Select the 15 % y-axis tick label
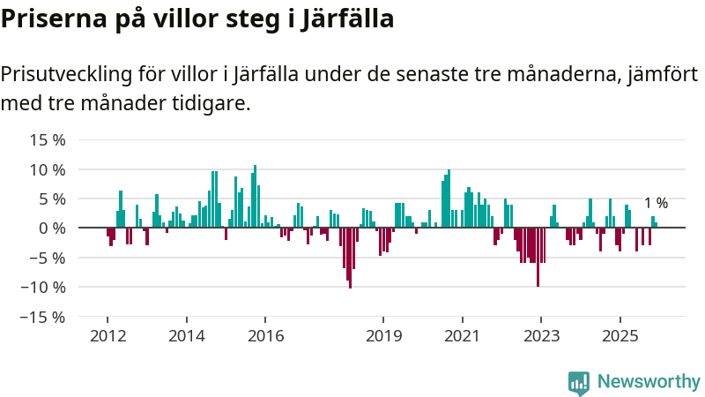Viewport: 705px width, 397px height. coord(48,139)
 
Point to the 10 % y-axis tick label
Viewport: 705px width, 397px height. coord(48,169)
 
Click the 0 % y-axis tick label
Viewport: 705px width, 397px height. coord(52,228)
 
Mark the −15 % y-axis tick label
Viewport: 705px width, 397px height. coord(43,317)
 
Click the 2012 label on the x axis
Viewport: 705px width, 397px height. coord(107,336)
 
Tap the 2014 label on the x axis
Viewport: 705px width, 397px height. coord(186,336)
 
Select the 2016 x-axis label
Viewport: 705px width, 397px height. coord(265,336)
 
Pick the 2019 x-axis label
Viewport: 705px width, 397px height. coord(383,336)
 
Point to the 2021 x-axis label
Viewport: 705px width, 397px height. coord(462,336)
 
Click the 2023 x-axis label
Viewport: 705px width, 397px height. coord(541,336)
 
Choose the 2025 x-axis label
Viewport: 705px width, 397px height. coord(620,336)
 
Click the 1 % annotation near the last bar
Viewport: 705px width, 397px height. coord(656,204)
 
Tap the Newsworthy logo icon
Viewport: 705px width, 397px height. coord(579,382)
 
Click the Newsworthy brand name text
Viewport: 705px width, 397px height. coord(648,382)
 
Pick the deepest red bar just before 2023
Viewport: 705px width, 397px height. coord(538,257)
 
